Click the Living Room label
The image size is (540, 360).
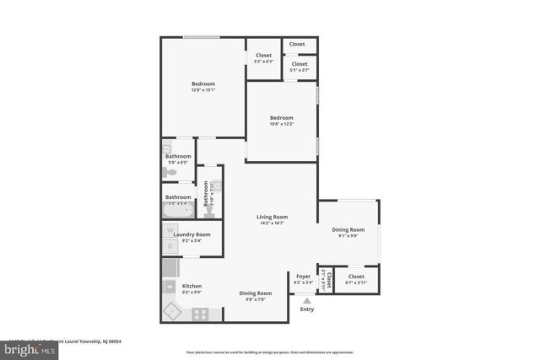(272, 217)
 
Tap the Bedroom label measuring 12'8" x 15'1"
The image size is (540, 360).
(202, 83)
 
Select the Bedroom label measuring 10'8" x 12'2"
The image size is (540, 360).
(281, 117)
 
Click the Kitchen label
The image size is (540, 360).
(192, 287)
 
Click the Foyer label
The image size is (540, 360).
(303, 276)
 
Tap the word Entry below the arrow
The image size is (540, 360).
(306, 309)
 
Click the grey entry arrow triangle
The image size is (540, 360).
(306, 299)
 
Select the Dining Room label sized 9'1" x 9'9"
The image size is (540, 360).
(348, 229)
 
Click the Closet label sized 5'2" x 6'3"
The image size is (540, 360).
(263, 56)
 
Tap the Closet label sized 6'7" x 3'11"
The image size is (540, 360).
(355, 277)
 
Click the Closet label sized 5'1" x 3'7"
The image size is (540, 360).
(299, 64)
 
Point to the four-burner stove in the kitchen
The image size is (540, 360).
(201, 314)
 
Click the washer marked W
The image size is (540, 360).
(170, 229)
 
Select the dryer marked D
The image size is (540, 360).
(170, 246)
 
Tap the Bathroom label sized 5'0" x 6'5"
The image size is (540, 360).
(178, 156)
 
